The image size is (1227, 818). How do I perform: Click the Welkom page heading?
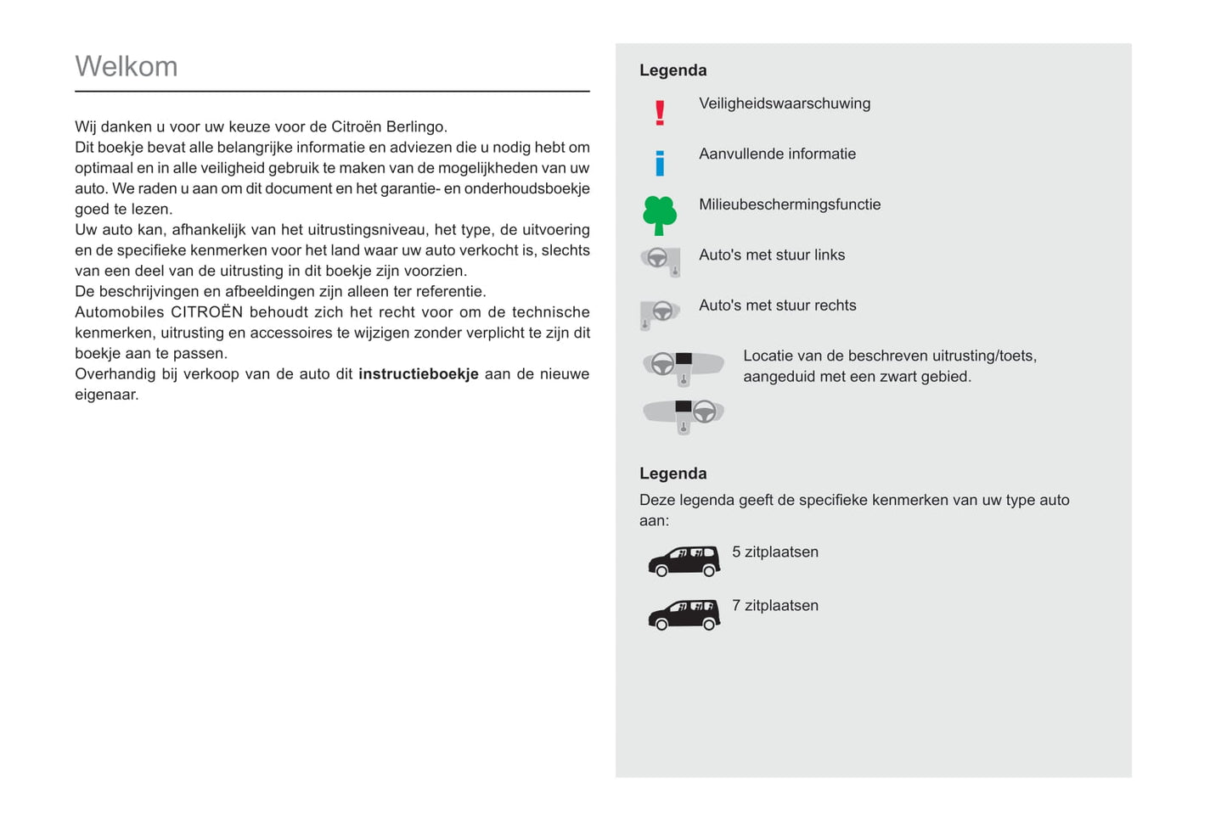(x=127, y=66)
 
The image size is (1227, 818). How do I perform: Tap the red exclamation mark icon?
(x=660, y=113)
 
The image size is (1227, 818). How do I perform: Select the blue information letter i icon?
(x=660, y=163)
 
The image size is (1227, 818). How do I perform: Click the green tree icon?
(x=660, y=215)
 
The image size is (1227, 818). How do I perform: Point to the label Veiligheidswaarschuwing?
(x=785, y=104)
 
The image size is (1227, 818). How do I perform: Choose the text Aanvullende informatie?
(x=777, y=154)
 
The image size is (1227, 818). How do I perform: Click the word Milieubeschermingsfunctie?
(x=790, y=204)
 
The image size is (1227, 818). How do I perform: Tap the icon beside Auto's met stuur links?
(x=661, y=261)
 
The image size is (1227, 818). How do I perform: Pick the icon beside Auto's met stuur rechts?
(x=660, y=313)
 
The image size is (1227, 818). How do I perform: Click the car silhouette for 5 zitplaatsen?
(x=684, y=561)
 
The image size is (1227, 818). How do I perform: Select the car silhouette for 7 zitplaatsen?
(x=684, y=614)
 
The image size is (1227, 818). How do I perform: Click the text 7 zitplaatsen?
(x=775, y=606)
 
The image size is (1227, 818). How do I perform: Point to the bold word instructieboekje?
(x=419, y=374)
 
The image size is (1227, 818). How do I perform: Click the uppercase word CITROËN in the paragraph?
(x=207, y=312)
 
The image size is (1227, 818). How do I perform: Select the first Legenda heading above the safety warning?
(x=673, y=70)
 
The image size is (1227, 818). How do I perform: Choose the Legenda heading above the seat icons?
(x=673, y=473)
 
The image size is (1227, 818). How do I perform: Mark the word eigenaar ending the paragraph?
(x=105, y=395)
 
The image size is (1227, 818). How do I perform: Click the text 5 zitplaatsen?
(x=775, y=552)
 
